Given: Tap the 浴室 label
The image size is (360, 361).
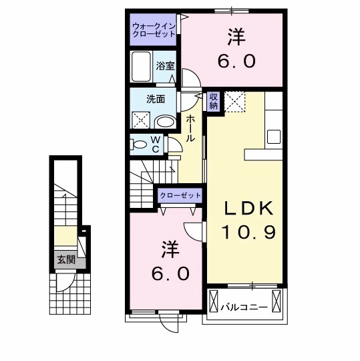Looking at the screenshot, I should (165, 66).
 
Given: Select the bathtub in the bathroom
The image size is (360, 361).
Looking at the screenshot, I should (142, 68).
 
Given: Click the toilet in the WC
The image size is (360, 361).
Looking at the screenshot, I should (140, 144).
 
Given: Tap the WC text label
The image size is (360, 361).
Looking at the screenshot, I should (155, 144).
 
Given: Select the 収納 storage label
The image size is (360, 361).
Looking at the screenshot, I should (214, 101).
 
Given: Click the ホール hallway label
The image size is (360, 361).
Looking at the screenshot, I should (192, 128).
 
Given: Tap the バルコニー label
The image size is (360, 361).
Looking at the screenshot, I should (244, 308).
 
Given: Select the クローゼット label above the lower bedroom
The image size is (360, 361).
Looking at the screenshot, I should (180, 195).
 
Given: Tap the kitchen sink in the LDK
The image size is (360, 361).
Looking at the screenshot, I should (275, 136).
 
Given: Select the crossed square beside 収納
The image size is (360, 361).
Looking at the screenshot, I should (234, 102).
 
